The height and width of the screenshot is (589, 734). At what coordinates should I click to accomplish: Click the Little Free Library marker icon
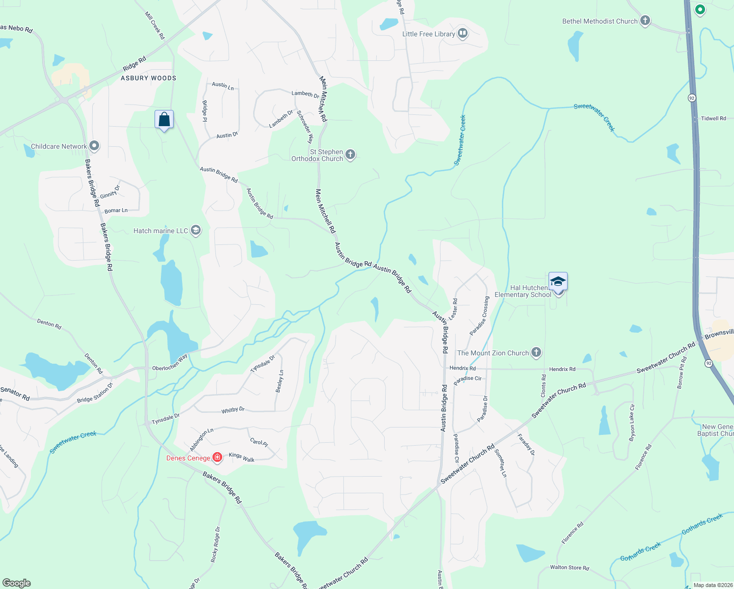462,33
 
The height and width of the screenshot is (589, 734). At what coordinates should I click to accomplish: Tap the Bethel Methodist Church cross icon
645,21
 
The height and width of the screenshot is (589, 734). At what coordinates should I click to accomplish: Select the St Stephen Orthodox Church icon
350,155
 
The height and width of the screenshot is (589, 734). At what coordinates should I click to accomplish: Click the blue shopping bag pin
164,120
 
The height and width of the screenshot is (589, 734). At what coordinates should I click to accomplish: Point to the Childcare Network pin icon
94,146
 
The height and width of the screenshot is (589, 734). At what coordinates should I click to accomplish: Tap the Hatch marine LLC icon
196,230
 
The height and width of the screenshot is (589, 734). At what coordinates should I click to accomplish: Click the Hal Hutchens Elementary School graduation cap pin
558,282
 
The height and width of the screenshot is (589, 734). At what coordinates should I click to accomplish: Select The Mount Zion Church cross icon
536,352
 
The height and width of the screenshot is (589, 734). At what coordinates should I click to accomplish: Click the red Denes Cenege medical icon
217,457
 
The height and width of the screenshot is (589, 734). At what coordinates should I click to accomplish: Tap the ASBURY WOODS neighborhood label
148,78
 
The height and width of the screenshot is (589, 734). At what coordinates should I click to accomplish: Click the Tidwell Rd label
713,118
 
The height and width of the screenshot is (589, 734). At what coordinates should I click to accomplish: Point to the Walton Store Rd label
569,567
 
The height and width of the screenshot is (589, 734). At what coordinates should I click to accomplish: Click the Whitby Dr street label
233,410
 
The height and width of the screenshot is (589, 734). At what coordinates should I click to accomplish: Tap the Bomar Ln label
116,211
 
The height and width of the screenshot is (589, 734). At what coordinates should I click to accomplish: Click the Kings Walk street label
241,457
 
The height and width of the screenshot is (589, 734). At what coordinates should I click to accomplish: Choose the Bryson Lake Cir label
632,422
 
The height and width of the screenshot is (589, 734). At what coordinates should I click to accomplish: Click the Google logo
17,583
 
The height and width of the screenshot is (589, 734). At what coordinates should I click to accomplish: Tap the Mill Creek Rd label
155,26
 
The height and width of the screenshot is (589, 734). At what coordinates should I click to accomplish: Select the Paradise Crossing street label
479,316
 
